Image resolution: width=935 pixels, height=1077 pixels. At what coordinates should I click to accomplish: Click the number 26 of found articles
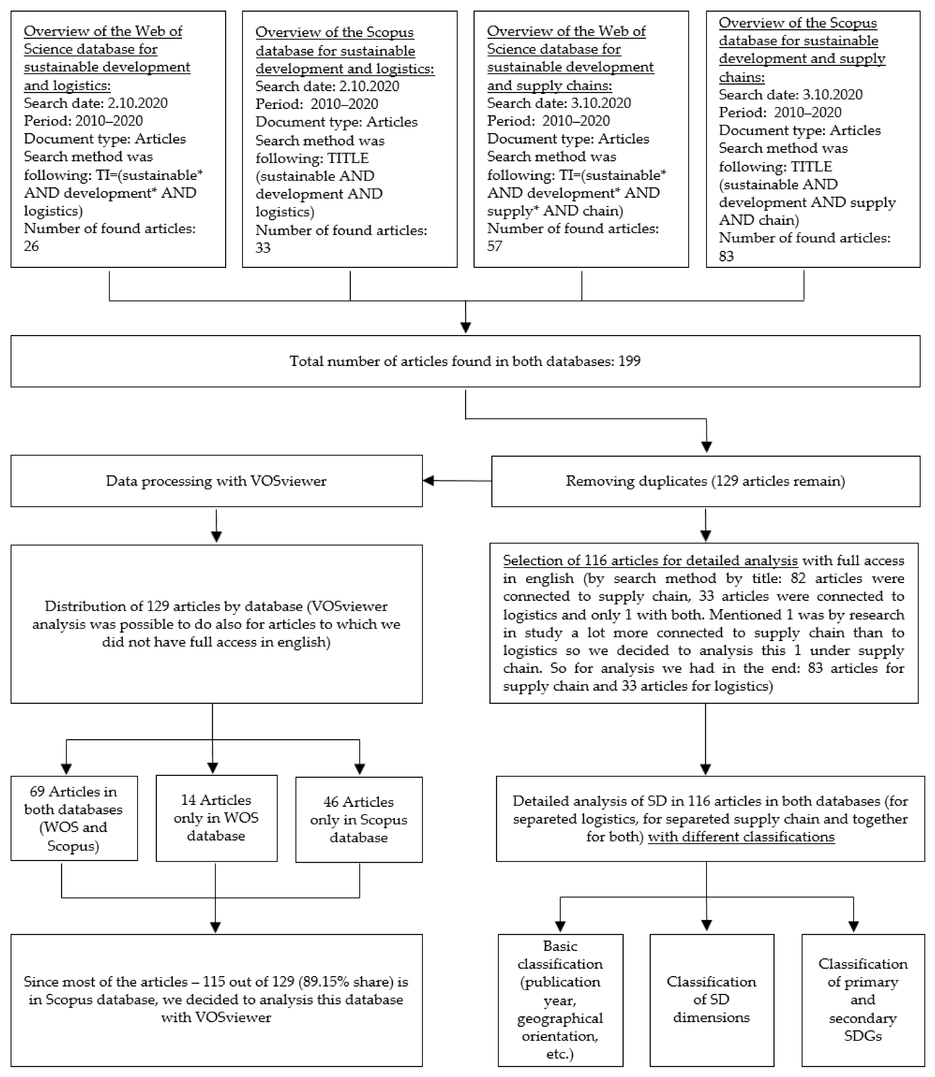pyautogui.click(x=31, y=246)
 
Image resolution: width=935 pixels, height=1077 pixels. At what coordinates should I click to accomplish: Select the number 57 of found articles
pyautogui.click(x=495, y=246)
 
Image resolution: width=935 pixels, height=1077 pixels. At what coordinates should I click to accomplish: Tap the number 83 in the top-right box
pyautogui.click(x=726, y=256)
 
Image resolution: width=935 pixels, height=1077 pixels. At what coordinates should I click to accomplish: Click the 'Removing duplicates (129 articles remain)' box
pyautogui.click(x=705, y=481)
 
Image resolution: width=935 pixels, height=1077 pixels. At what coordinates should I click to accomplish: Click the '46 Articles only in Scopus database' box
pyautogui.click(x=359, y=819)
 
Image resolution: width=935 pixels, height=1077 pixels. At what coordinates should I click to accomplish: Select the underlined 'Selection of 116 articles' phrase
pyautogui.click(x=650, y=561)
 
